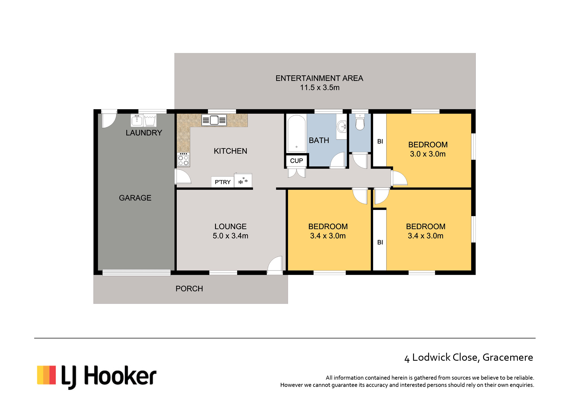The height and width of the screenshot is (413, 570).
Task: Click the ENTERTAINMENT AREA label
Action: (x=319, y=78)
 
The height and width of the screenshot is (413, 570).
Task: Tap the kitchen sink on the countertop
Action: (x=214, y=120)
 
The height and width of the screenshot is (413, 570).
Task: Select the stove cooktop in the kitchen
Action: (x=183, y=160)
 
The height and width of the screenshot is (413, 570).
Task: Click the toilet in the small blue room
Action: (x=360, y=122)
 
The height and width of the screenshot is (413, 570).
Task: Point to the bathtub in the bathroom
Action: (x=296, y=133)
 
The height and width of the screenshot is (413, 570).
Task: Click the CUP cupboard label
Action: (x=296, y=161)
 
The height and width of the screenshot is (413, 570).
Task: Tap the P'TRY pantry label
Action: (x=222, y=182)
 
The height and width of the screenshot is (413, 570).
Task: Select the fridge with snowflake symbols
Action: (x=243, y=180)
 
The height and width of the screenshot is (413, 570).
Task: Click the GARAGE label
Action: (x=135, y=198)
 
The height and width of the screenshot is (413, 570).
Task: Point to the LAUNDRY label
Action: (x=144, y=133)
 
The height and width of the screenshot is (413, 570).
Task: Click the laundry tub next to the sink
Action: (x=150, y=120)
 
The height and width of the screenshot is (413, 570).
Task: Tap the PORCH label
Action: (x=189, y=288)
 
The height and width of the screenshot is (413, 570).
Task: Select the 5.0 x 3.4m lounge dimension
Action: (x=231, y=236)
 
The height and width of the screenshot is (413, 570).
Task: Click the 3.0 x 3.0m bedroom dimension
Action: (x=428, y=154)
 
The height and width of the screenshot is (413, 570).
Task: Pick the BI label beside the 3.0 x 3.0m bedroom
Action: (x=380, y=141)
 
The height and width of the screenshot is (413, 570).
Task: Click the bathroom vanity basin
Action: (x=341, y=126)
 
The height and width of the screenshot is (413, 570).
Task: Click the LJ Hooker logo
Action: (x=97, y=376)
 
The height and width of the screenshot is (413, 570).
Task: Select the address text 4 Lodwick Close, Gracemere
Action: (x=469, y=358)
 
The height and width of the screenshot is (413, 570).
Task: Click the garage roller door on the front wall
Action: (x=136, y=273)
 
